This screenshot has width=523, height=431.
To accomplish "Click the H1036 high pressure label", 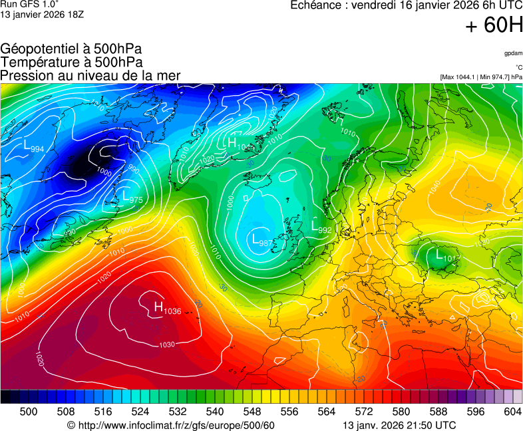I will pos(168,307).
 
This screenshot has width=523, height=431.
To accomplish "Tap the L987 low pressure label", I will pos(261,240).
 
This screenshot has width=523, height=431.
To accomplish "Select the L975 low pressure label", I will pos(132,197).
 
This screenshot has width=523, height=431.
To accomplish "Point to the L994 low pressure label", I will pos(34,147).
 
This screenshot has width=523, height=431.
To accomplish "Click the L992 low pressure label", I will pos(321,227).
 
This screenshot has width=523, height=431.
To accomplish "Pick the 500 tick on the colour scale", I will pos(29,412).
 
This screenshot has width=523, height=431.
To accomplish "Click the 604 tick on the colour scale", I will pos(512,412).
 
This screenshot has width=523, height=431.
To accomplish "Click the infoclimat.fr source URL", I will pos(171,425).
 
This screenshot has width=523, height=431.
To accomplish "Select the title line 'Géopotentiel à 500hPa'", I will pos(71,49).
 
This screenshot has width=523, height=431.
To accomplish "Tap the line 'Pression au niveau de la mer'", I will pos(90,76).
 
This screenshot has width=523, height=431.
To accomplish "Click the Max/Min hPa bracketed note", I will pos(481,77).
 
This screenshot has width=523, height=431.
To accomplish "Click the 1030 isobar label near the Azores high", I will pos(166,344).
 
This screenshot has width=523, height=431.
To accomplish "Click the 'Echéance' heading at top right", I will pos(317,5).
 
